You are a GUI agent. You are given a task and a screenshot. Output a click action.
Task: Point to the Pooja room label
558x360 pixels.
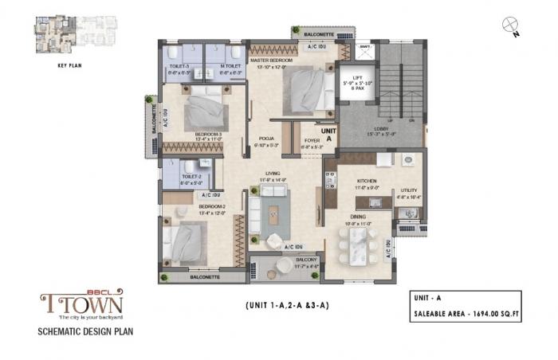(x=265, y=141)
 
